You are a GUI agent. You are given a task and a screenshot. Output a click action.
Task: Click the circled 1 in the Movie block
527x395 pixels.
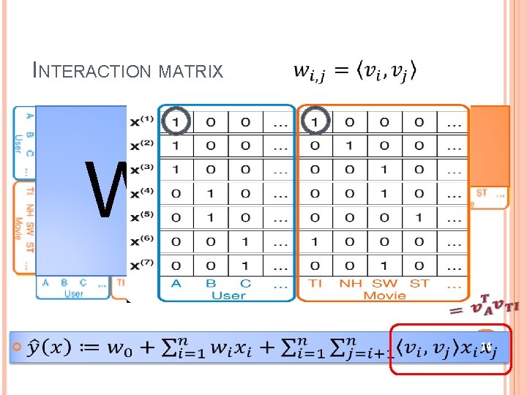pos(315,121)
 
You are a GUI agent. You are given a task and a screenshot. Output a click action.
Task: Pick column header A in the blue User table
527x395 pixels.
pos(175,284)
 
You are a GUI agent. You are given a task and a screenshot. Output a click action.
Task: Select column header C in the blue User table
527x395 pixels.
pos(245,284)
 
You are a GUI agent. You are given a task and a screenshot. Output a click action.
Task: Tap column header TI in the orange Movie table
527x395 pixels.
pos(315,284)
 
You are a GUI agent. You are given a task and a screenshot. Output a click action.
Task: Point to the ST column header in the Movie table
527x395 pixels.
pos(419,284)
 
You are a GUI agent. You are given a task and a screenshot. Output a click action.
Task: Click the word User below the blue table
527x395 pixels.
pos(228,296)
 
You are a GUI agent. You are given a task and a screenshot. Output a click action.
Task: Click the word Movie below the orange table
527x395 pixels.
pos(385,296)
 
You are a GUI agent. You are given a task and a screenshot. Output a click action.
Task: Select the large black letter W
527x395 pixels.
pos(106,189)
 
